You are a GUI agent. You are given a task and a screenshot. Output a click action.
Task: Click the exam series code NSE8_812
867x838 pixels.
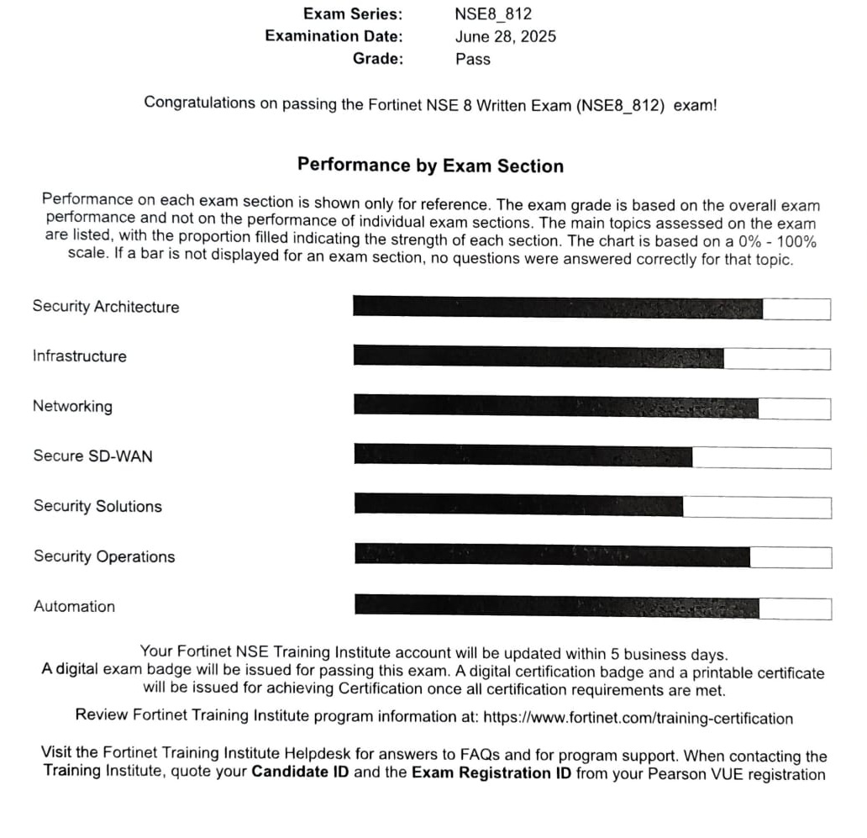[x=493, y=14]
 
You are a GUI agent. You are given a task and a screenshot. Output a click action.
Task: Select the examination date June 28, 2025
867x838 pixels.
[x=505, y=36]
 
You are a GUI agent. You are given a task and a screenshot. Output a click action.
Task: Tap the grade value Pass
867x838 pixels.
[x=473, y=59]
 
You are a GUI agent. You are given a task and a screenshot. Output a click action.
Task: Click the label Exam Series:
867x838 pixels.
[x=353, y=14]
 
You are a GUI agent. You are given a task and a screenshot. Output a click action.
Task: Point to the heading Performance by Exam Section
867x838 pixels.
[x=430, y=166]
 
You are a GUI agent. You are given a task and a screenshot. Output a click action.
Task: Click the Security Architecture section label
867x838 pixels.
[x=106, y=307]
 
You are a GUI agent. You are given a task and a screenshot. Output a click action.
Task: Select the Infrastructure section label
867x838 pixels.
[x=80, y=356]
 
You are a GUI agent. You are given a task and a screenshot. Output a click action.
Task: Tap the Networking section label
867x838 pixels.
[x=72, y=407]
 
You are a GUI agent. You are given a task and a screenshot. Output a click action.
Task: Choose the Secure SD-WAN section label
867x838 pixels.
[x=93, y=456]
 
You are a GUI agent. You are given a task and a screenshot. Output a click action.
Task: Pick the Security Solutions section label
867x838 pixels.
[x=97, y=507]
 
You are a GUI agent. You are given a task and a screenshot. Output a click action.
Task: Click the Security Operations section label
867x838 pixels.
[x=104, y=556]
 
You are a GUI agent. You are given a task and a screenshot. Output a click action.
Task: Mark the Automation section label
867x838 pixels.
[x=74, y=607]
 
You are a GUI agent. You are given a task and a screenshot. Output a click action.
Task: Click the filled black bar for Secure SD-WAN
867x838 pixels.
[x=523, y=456]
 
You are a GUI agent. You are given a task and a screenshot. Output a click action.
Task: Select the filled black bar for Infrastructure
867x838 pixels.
[x=538, y=356]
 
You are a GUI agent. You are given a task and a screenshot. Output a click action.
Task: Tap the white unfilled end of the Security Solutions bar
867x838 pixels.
[x=756, y=507]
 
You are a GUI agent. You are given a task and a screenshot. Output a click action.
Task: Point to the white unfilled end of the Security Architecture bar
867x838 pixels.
[x=796, y=308]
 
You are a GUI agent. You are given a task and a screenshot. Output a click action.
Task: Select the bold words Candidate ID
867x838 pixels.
[x=300, y=772]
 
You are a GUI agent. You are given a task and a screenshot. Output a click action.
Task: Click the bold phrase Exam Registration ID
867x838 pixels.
[x=491, y=772]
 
